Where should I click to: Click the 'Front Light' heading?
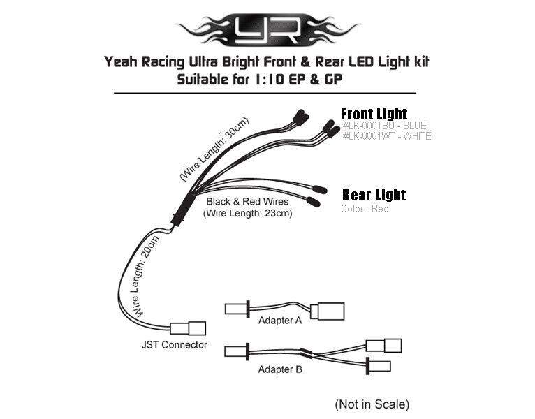(374, 114)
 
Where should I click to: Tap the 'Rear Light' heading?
(374, 195)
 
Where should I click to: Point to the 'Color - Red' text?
(365, 209)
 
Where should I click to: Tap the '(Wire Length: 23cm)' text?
(247, 214)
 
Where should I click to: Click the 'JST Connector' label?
(174, 345)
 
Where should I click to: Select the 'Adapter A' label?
(280, 321)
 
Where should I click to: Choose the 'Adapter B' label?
(280, 369)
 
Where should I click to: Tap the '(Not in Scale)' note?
(372, 404)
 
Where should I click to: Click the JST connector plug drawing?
(189, 328)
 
